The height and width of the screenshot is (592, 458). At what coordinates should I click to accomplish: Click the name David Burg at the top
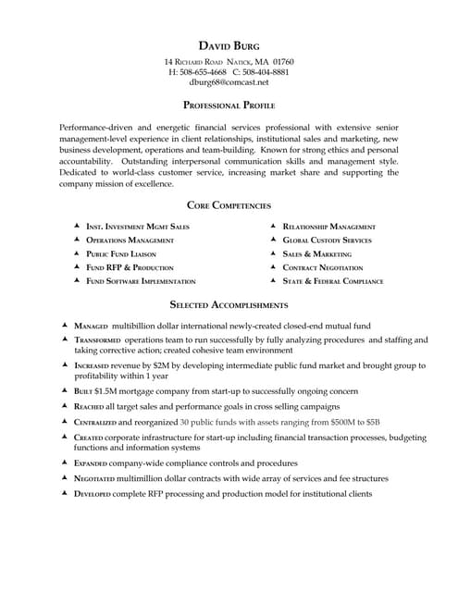pyautogui.click(x=229, y=45)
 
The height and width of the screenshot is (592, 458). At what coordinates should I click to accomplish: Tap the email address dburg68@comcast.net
pyautogui.click(x=229, y=81)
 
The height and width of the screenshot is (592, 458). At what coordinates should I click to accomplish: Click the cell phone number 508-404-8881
pyautogui.click(x=266, y=71)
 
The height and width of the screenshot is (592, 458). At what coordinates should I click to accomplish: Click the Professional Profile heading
pyautogui.click(x=229, y=105)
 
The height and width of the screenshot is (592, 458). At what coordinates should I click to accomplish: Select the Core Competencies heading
pyautogui.click(x=229, y=205)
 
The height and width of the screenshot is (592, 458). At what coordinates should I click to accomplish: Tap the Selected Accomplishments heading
pyautogui.click(x=229, y=304)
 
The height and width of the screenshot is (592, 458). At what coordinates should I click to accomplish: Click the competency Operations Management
pyautogui.click(x=130, y=240)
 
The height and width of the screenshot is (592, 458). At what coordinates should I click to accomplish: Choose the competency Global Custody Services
pyautogui.click(x=327, y=240)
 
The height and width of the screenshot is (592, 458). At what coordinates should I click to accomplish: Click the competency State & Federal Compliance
pyautogui.click(x=333, y=280)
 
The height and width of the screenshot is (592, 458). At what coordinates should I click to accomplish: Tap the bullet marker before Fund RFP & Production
pyautogui.click(x=76, y=266)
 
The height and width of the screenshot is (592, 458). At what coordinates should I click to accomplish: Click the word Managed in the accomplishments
pyautogui.click(x=91, y=327)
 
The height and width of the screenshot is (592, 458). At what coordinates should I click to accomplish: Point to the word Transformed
pyautogui.click(x=97, y=340)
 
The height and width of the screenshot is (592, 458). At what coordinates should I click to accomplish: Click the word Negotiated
pyautogui.click(x=96, y=478)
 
